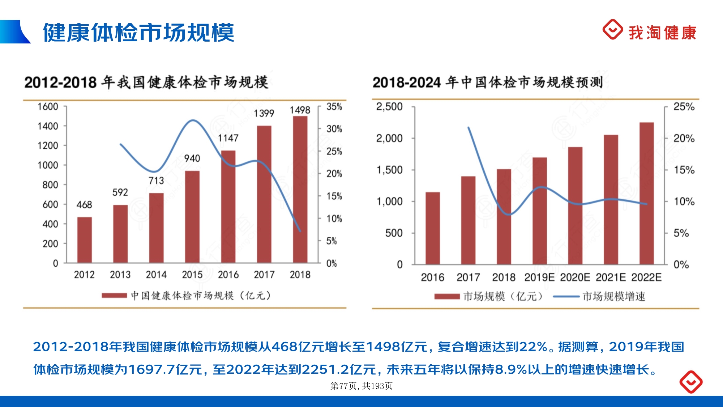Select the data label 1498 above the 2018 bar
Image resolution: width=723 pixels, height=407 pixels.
(300, 110)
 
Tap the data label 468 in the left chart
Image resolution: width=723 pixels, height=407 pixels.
(84, 205)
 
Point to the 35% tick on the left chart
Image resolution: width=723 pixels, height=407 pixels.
(334, 107)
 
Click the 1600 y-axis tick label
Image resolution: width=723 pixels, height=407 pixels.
(48, 107)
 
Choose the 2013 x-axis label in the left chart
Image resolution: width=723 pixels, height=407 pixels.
(120, 275)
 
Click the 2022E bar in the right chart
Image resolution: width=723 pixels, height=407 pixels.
(646, 193)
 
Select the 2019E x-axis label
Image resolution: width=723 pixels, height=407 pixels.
(539, 277)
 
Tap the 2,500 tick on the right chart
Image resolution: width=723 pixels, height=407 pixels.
(389, 107)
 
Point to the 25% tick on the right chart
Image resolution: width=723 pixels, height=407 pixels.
(684, 107)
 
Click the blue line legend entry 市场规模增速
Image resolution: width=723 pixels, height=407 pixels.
(613, 297)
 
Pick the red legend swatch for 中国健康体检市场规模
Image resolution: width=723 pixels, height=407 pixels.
(114, 296)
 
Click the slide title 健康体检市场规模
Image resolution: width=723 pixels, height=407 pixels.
(138, 33)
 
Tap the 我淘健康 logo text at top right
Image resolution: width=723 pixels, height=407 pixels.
(662, 33)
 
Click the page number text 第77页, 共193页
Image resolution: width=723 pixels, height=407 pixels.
(361, 386)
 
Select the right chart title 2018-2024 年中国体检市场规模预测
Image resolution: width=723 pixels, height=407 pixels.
(488, 82)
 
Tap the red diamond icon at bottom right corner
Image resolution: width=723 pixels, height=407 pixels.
(691, 382)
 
